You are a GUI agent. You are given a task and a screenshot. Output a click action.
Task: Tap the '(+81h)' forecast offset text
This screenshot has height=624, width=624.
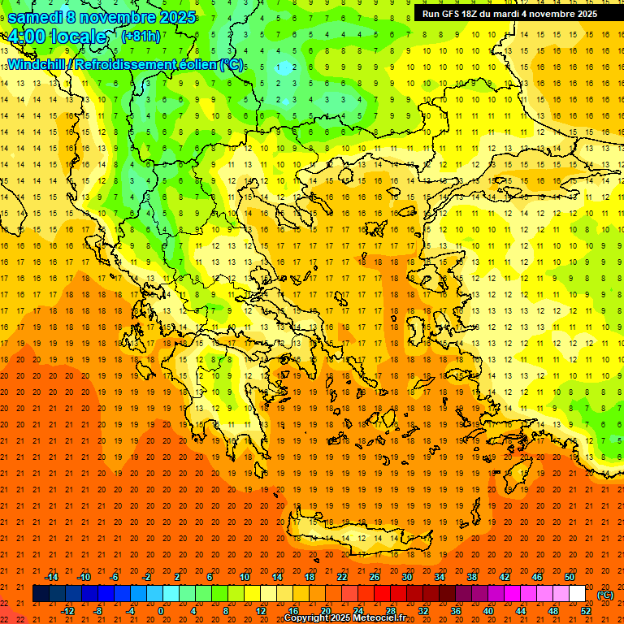click(141, 37)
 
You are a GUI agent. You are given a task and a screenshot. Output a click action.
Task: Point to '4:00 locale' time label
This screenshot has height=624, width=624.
click(57, 37)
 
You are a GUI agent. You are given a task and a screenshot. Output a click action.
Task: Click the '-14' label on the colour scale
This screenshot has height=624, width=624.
click(51, 576)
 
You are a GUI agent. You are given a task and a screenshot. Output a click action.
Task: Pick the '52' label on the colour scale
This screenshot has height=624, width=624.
click(586, 611)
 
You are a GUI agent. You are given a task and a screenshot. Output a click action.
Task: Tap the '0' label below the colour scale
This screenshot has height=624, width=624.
click(161, 611)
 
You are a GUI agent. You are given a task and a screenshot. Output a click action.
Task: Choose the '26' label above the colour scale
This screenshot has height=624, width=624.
click(375, 576)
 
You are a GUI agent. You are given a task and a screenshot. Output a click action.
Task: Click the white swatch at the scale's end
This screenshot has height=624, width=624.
click(577, 594)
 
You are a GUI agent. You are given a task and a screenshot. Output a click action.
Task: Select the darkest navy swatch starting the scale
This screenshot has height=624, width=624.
click(41, 594)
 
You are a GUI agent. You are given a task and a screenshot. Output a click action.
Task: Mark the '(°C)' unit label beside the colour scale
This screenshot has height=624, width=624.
click(604, 595)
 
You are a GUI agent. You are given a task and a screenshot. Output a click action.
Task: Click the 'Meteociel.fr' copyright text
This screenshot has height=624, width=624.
click(379, 618)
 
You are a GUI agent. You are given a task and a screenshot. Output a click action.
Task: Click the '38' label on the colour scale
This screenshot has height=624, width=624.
click(472, 576)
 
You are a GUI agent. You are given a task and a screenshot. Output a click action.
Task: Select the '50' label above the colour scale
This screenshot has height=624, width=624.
click(570, 576)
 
